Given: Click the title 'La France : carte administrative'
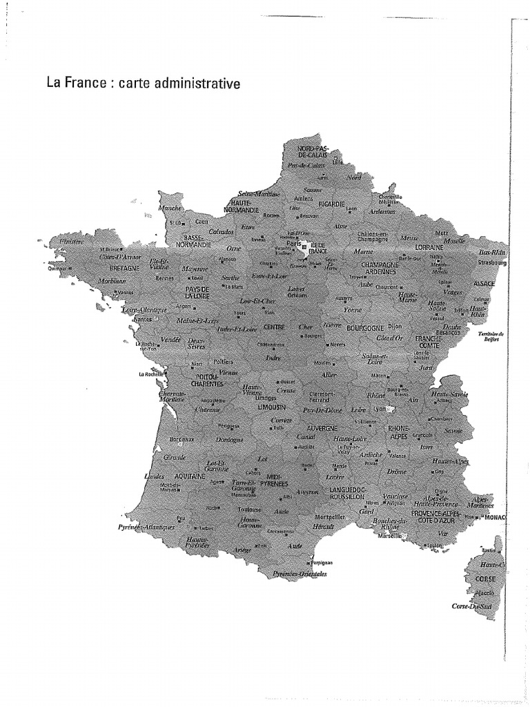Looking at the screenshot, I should tap(143, 84).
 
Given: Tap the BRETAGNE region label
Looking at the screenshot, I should tap(125, 267).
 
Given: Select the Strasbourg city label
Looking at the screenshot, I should tap(492, 263).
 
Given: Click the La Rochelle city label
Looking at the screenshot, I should tap(150, 375).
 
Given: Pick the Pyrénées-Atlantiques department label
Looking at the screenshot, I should tap(146, 527).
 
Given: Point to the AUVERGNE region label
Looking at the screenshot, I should tap(320, 428).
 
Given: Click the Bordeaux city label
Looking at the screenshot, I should tap(181, 439).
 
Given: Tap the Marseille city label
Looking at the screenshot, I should tap(389, 535).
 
